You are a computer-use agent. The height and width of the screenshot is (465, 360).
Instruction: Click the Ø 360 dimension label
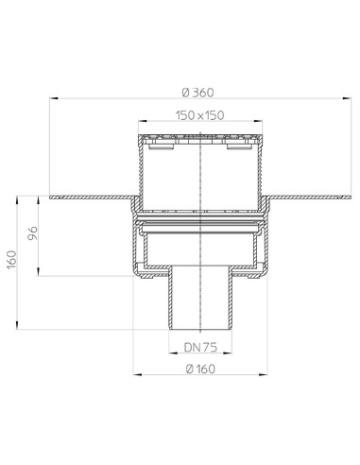pyautogui.click(x=197, y=93)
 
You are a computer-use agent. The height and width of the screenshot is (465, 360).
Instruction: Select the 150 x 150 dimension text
pyautogui.click(x=200, y=115)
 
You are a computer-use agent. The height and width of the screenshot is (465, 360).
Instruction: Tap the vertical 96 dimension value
pyautogui.click(x=32, y=233)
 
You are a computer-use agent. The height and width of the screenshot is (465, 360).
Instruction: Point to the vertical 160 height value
pyautogui.click(x=11, y=260)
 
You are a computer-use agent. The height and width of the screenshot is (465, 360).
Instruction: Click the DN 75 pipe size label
pyautogui.click(x=200, y=347)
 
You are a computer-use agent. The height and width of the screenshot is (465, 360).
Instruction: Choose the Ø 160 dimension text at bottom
pyautogui.click(x=200, y=369)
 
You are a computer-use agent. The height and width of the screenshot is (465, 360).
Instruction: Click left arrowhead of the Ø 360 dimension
pyautogui.click(x=54, y=98)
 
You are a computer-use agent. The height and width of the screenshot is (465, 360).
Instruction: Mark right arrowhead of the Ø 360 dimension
pyautogui.click(x=347, y=98)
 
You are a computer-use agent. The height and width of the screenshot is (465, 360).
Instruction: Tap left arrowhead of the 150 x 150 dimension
pyautogui.click(x=143, y=121)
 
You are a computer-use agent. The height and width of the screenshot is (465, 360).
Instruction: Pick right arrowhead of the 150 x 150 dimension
pyautogui.click(x=258, y=121)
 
